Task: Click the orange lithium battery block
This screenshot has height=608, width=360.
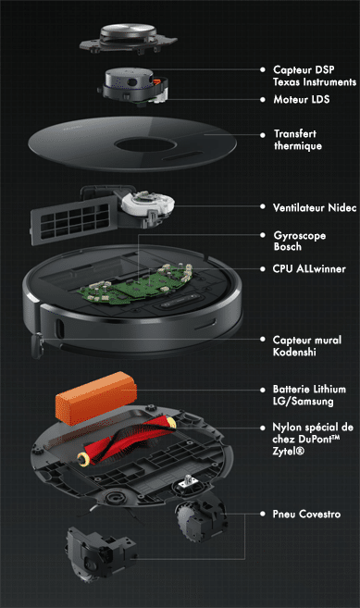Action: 96,397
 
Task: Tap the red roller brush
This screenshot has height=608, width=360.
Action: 127,440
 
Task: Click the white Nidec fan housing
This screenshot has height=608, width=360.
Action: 147,205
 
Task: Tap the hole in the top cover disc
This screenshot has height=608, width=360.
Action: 145,145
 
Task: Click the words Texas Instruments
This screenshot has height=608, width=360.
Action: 315,81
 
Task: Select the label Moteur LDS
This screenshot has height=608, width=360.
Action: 302,99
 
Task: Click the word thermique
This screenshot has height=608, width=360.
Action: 298,146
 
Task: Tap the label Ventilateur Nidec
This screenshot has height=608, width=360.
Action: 315,207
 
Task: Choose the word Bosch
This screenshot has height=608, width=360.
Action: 288,246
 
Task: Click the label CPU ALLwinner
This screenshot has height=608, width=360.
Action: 309,268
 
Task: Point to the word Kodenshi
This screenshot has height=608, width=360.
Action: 294,352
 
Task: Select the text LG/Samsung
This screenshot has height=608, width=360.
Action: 303,401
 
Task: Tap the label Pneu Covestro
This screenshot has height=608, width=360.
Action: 306,515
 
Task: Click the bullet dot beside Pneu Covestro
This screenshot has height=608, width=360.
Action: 263,514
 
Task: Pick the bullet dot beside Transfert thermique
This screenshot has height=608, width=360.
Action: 263,135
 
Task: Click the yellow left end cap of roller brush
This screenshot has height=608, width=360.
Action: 82,459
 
